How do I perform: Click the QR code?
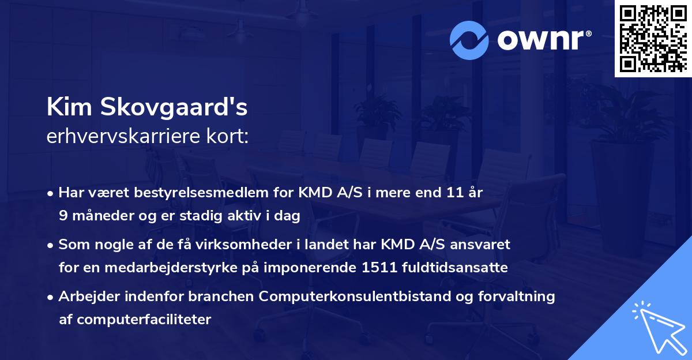coord(653,38)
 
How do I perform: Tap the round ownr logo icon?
coord(469,40)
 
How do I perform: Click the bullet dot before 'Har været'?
coord(51,193)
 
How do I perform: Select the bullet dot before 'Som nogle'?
coord(51,245)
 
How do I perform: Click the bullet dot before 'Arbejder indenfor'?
coord(51,297)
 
